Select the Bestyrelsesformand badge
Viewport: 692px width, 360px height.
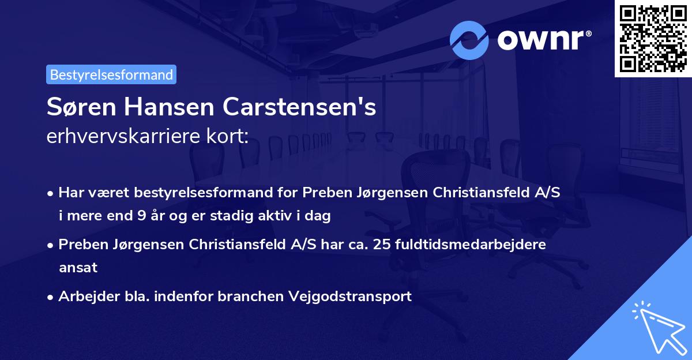(x=111, y=74)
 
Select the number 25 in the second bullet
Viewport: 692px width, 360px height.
(x=381, y=245)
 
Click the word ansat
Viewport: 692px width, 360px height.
(x=78, y=267)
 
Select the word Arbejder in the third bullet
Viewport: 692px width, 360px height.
(x=84, y=297)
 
